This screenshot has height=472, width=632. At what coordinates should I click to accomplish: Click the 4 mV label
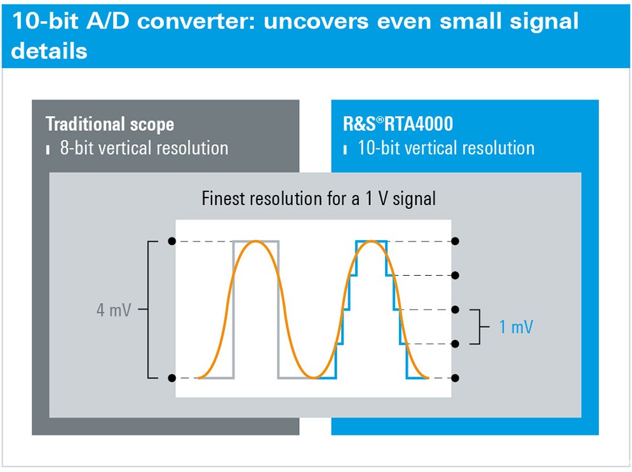pos(114,310)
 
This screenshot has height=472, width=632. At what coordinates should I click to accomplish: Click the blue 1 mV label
pos(516,327)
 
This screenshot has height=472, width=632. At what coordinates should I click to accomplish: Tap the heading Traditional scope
pos(110,124)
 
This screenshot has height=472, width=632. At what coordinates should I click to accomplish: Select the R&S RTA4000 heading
pos(398,124)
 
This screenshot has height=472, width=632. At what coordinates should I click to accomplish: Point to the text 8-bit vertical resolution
pos(144,148)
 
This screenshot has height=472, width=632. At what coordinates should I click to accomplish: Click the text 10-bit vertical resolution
pos(446,148)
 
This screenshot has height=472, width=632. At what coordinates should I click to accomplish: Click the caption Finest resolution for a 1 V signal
pos(318,199)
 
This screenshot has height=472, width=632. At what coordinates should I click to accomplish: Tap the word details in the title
pos(49,51)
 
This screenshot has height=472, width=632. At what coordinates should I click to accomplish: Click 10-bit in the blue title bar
pos(45,20)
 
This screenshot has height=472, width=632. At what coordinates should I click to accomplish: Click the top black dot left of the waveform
pos(172,241)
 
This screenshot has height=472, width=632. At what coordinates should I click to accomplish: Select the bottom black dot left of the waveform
pos(172,378)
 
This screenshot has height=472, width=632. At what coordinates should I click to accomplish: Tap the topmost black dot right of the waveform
pos(455,241)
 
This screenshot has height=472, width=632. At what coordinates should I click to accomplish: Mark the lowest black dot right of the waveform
pos(455,378)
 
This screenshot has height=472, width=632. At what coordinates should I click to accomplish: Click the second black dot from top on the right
pos(455,275)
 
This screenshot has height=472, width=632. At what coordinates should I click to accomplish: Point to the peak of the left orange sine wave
pos(255,241)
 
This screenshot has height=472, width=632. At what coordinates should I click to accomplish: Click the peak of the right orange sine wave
pos(371,241)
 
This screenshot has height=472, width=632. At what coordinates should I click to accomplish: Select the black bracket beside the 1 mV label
pos(480,327)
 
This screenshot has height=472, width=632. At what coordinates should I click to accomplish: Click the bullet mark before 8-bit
pos(48,149)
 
